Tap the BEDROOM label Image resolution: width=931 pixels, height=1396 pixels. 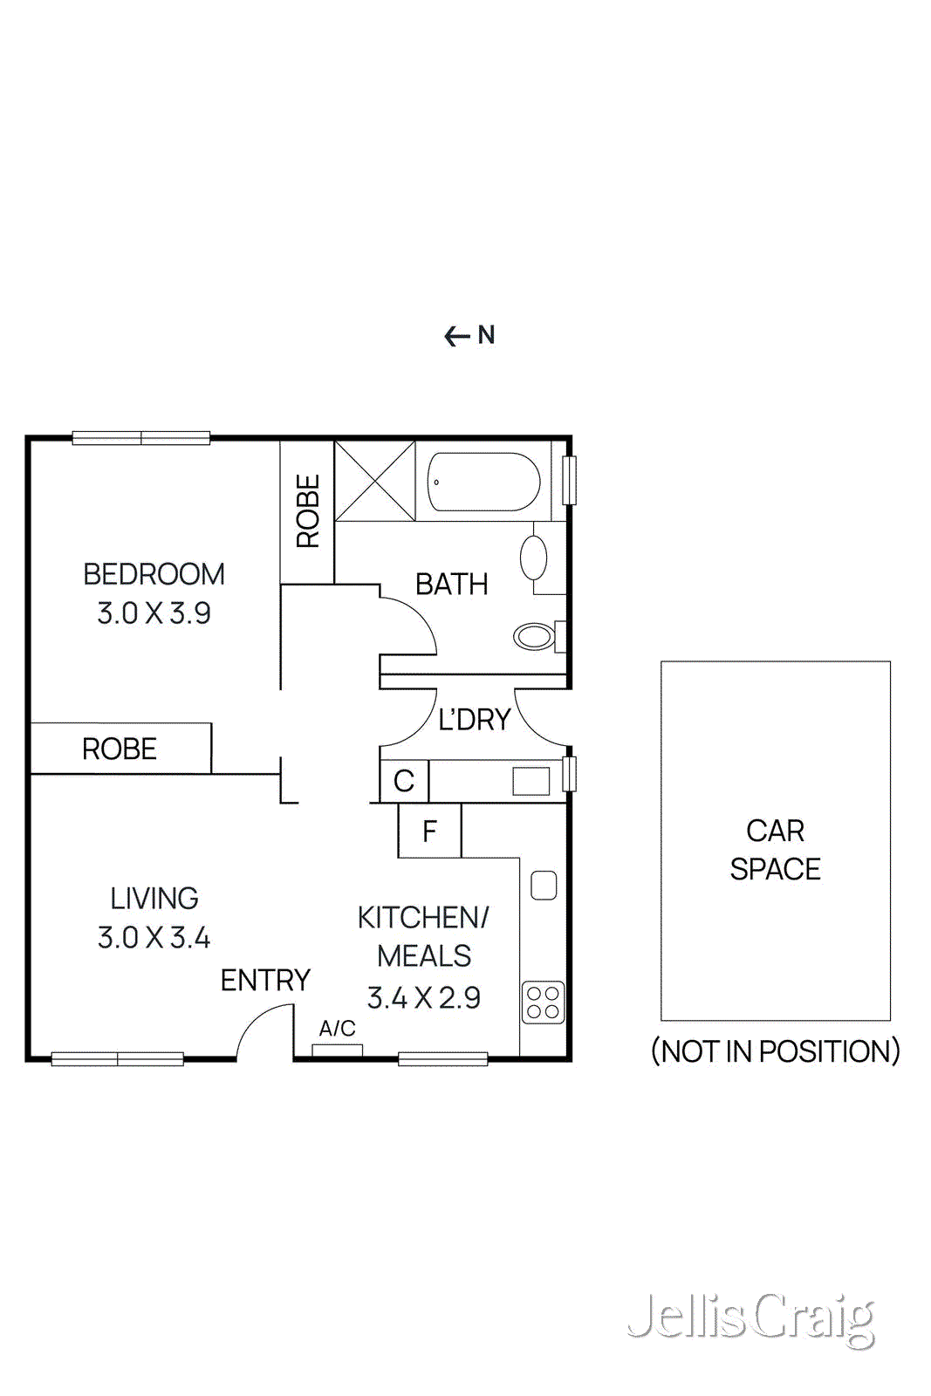[154, 574]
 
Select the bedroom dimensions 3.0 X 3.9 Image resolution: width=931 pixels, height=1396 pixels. [154, 613]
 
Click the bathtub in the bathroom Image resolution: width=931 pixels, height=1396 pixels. [483, 481]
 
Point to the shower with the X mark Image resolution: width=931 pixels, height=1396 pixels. [375, 481]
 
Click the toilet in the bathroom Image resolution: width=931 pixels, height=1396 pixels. [534, 636]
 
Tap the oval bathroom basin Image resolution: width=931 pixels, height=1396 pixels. [533, 558]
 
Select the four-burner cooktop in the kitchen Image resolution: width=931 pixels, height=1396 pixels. [543, 1003]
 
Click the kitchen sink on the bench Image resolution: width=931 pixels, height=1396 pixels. [544, 885]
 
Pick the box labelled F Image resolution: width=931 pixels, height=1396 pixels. [429, 831]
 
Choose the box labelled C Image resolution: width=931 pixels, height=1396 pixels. [404, 781]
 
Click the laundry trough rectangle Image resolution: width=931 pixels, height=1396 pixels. [531, 781]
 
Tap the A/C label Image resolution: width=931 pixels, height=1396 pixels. [337, 1029]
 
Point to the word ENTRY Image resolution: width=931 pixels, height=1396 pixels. [265, 981]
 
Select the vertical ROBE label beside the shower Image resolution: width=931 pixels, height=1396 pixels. [308, 511]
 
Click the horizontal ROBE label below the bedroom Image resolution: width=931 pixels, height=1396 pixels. [120, 749]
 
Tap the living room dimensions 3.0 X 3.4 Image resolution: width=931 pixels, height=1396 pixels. [154, 938]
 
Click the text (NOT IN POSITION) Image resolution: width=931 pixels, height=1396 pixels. [776, 1051]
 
